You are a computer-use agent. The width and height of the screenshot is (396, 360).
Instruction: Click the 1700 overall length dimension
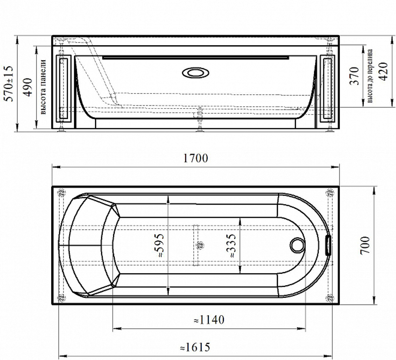point(195,158)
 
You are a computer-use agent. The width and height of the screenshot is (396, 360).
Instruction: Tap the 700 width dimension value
point(365,245)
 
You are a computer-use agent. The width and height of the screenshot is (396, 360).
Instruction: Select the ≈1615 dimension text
point(195,347)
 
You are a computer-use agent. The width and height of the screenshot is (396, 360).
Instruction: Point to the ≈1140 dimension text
point(209,320)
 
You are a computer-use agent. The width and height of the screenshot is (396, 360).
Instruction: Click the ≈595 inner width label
point(159,245)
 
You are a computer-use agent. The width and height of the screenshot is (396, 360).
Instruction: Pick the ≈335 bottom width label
point(231,245)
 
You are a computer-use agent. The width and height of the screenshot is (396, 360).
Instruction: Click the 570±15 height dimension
point(9,84)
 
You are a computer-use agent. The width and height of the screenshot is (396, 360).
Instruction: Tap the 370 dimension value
point(354,76)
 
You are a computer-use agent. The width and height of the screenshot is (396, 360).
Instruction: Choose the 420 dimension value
point(383,71)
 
